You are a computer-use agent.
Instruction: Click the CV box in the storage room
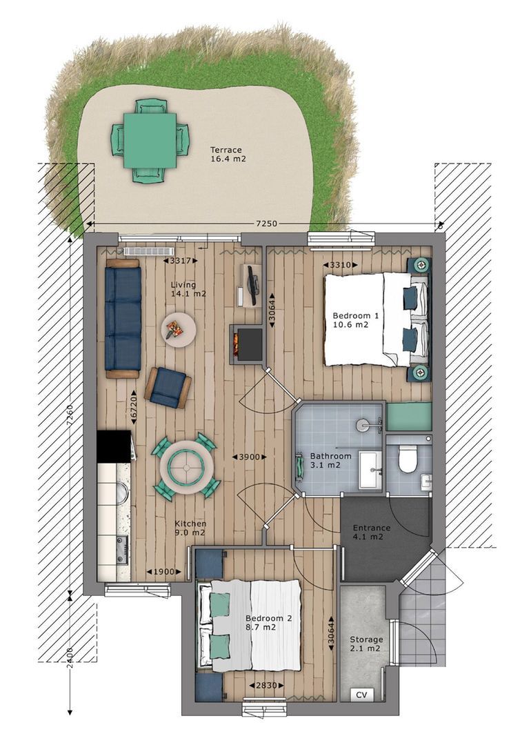pos(361,695)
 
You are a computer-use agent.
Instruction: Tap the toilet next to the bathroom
pos(408,459)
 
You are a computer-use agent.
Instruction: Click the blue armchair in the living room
pos(168,387)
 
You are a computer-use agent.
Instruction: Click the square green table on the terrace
pos(150,141)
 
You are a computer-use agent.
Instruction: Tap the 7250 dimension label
pos(266,223)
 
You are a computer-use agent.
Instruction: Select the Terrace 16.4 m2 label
pos(228,155)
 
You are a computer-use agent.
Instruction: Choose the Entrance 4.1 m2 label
pos(371,532)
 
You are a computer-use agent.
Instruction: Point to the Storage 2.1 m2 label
pos(366,644)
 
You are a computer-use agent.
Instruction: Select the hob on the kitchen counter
pos(121,550)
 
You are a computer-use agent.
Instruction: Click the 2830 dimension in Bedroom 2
pos(266,685)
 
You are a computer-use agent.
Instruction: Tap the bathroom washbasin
pos(370,470)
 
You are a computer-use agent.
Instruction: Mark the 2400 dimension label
pos(70,658)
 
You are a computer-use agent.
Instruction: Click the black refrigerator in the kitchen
pos(114,446)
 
